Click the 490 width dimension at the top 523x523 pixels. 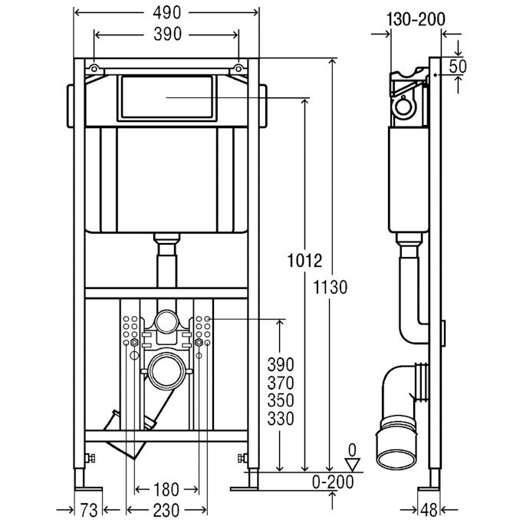[166, 13]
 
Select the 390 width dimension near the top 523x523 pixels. [167, 35]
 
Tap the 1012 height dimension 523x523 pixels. [305, 261]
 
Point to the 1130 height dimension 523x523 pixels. [331, 287]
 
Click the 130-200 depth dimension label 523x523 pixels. [416, 19]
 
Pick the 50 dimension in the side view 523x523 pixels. [458, 67]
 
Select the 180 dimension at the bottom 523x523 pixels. [166, 490]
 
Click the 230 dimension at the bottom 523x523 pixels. [166, 510]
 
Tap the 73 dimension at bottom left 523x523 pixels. [89, 510]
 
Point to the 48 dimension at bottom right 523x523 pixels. [429, 510]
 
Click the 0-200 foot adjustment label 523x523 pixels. [333, 482]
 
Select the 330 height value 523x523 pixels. [281, 419]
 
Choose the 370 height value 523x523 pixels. [281, 383]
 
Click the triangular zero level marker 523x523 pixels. [353, 465]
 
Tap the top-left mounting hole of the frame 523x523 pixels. [94, 69]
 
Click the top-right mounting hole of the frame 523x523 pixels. [238, 69]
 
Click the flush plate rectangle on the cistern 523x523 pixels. [166, 97]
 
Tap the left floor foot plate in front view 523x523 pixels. [88, 489]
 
